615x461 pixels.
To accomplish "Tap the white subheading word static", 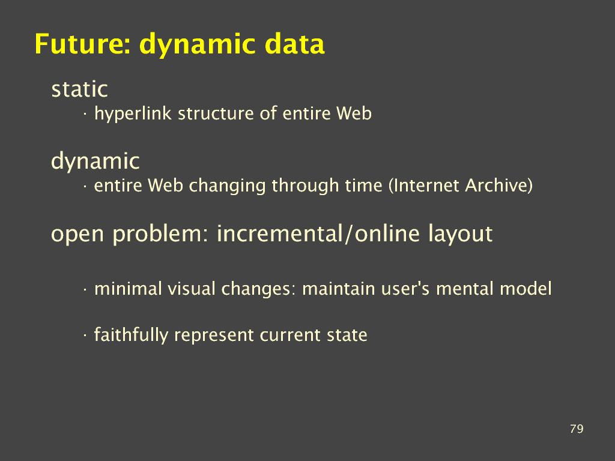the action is click(80, 89).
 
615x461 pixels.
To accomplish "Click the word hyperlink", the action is click(133, 114).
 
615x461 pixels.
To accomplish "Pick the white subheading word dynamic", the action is click(95, 161).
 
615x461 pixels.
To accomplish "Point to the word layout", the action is click(459, 234).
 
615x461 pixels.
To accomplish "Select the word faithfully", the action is click(131, 336).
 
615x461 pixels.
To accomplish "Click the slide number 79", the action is click(577, 429).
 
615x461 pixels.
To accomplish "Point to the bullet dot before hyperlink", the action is click(85, 115).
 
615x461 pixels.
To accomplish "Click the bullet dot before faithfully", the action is click(85, 336).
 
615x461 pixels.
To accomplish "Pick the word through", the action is click(305, 186).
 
